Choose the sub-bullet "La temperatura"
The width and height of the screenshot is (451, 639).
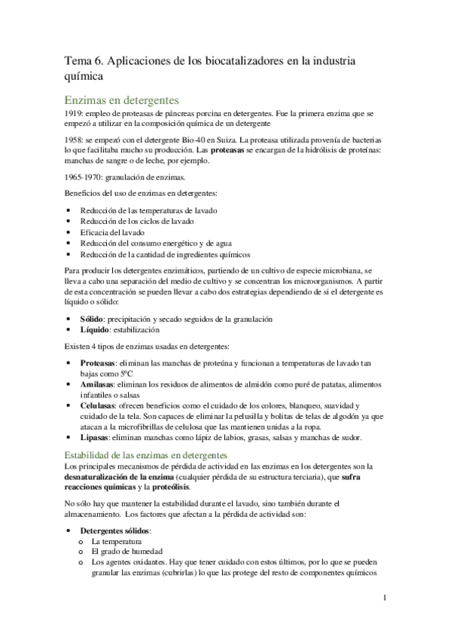(x=117, y=541)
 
